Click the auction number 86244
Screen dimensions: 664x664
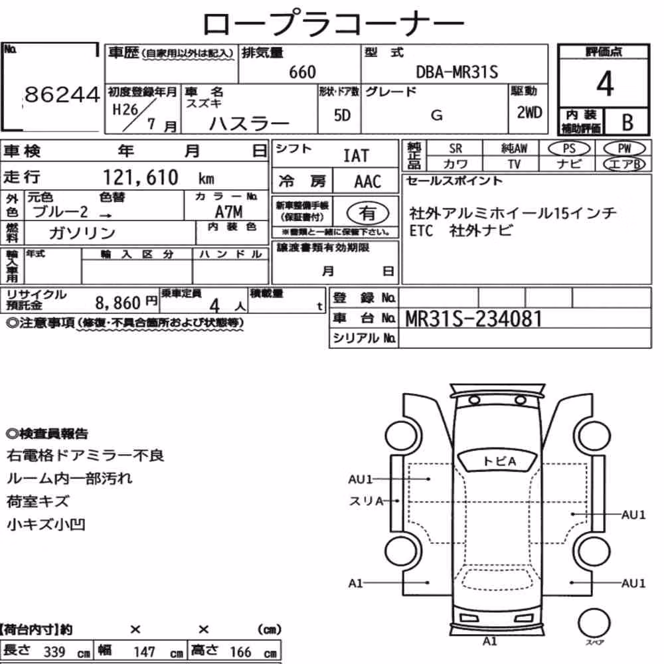point(62,94)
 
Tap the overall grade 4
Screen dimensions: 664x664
point(605,84)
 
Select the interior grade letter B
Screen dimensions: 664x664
point(627,122)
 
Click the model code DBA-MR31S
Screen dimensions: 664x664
point(457,72)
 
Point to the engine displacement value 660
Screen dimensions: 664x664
point(302,72)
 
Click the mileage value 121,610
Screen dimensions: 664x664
point(141,177)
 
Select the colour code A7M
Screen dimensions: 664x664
point(228,211)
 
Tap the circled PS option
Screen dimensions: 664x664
point(569,149)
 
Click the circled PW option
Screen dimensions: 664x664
point(624,149)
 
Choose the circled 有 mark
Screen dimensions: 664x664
point(368,213)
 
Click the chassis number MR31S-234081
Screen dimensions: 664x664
point(473,319)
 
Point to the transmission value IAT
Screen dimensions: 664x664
point(356,156)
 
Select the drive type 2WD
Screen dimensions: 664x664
point(529,113)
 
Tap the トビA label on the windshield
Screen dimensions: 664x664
point(500,461)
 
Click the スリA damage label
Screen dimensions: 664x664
point(366,501)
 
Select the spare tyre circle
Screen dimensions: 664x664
point(594,623)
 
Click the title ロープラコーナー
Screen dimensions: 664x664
point(333,24)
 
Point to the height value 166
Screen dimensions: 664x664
point(240,652)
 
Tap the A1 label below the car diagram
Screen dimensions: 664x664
point(489,641)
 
